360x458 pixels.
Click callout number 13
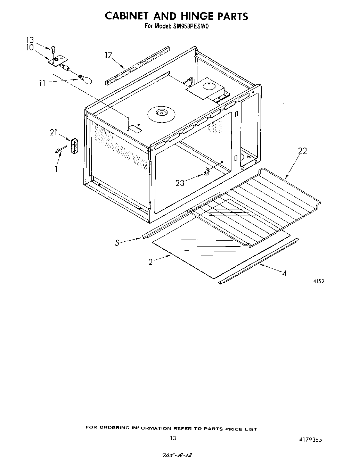click(x=30, y=40)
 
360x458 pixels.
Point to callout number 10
click(x=30, y=48)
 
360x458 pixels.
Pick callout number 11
click(x=42, y=83)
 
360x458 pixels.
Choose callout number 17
click(x=109, y=55)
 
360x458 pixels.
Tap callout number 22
click(x=303, y=151)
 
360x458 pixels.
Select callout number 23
click(x=180, y=183)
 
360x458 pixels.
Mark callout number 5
click(x=117, y=243)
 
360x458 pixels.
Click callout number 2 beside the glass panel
click(x=150, y=262)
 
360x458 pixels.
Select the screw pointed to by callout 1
click(x=58, y=149)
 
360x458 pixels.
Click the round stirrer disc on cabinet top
click(x=161, y=113)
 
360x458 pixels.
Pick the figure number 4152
click(x=318, y=282)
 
